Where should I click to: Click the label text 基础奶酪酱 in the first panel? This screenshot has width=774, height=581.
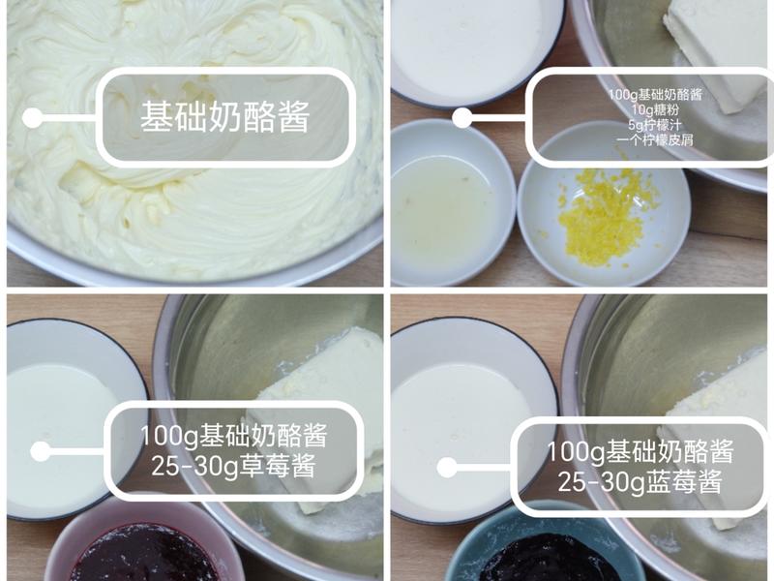click(224, 118)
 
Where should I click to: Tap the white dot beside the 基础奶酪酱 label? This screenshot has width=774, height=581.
click(33, 118)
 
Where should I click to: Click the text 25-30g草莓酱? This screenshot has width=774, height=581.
click(233, 466)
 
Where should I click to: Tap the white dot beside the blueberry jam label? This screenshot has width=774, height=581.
click(447, 468)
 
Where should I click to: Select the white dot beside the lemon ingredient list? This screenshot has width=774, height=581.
click(462, 118)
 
